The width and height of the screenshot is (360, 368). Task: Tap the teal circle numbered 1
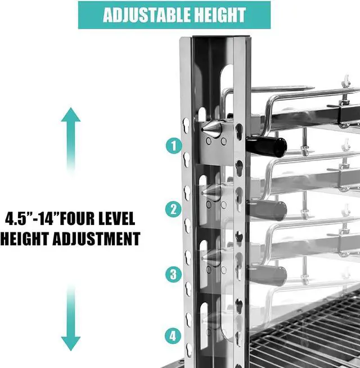(174, 146)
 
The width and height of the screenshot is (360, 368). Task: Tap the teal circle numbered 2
(173, 209)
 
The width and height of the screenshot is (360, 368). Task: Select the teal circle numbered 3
(173, 274)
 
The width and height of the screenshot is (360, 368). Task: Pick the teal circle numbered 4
(173, 336)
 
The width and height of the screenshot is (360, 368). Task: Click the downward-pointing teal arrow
(71, 317)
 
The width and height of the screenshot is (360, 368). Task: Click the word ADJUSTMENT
(96, 239)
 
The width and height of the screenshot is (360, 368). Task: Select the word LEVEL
(116, 218)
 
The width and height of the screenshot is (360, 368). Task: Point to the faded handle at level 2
(267, 210)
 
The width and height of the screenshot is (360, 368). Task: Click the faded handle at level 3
(267, 275)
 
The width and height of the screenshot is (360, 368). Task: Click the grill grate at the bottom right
(305, 333)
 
